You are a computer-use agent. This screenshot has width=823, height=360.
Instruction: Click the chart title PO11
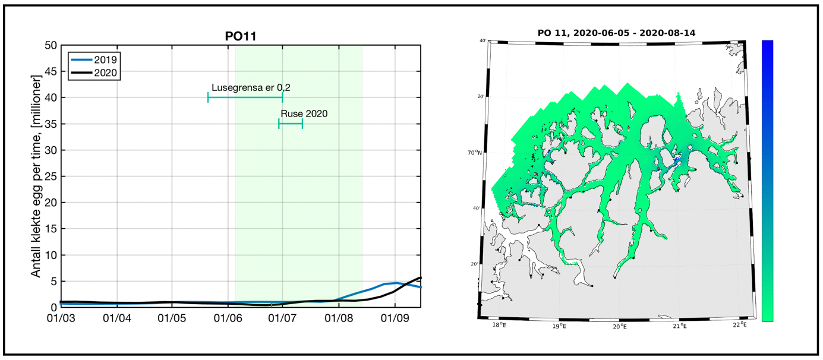[241, 36]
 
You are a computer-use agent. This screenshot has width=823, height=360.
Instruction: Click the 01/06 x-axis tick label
[228, 318]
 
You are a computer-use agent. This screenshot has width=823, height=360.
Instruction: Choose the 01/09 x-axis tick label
[393, 318]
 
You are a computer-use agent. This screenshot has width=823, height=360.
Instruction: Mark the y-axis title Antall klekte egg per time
[36, 176]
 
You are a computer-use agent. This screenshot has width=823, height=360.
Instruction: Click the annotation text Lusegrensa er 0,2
[251, 88]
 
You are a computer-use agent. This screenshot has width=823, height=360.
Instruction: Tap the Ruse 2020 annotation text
[304, 113]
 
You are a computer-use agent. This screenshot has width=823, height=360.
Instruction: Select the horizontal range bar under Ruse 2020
[291, 124]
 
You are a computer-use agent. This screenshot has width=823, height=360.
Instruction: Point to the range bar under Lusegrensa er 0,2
[245, 97]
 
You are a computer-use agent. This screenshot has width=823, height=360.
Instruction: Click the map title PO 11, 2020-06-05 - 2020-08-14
[616, 33]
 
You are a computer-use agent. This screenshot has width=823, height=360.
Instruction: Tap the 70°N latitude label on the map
[474, 153]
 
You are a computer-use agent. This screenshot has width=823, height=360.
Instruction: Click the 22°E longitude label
[740, 324]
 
